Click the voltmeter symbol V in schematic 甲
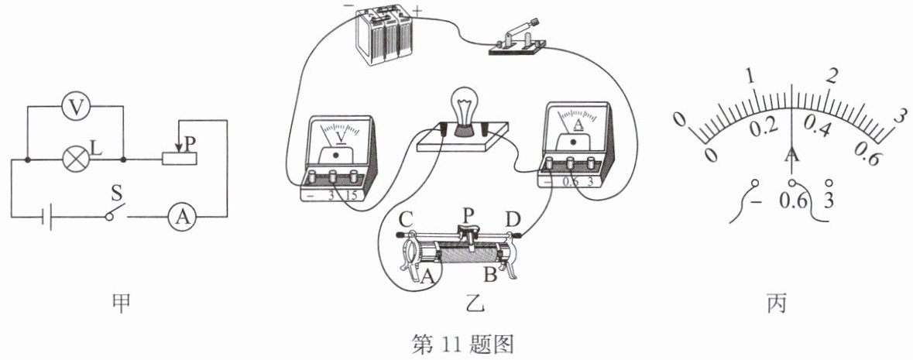tap(75, 107)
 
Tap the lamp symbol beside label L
tap(76, 159)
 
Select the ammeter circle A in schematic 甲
tap(182, 218)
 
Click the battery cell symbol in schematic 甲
tap(47, 218)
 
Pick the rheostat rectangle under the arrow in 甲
tap(180, 159)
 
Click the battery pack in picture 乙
tap(382, 35)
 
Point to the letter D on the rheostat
tap(513, 220)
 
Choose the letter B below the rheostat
tap(490, 274)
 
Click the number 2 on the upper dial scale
tap(833, 77)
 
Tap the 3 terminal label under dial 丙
tap(829, 201)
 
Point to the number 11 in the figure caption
tap(451, 345)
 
